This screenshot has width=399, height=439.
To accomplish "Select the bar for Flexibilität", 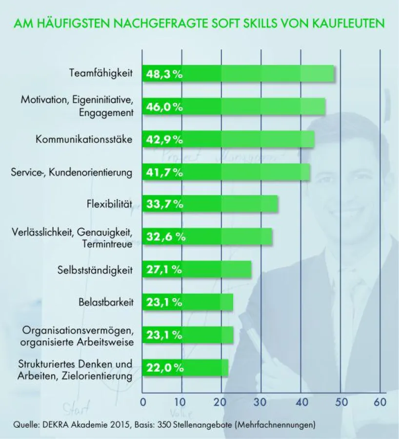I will [210, 204].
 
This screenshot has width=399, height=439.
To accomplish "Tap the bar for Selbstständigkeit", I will [197, 269].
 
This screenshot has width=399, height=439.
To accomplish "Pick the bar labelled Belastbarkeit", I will [187, 302].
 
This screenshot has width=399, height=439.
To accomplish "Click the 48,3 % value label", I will [164, 74].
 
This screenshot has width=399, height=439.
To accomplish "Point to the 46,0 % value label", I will [164, 107].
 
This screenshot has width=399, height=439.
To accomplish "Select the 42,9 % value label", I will [164, 140].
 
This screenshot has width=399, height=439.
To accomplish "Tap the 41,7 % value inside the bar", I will [164, 172].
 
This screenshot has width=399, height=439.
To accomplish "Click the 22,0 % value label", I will [164, 368].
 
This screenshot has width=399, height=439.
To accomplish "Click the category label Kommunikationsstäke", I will [84, 140].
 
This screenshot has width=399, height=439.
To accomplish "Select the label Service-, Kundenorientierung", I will [72, 172].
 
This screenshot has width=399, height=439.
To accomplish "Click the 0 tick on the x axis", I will [142, 402].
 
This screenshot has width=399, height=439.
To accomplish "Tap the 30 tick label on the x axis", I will [261, 402].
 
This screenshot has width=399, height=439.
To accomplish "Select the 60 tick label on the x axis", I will [379, 402].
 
